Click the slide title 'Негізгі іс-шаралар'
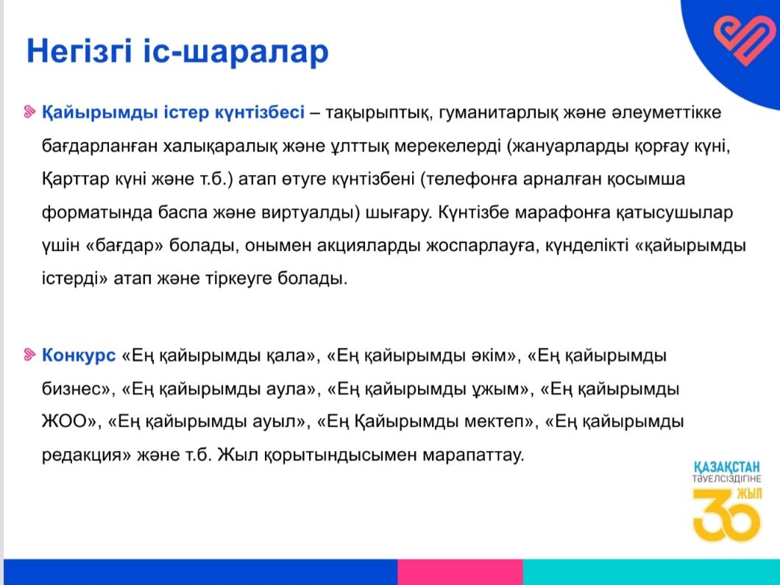point(177,52)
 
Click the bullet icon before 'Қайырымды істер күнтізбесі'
point(30,112)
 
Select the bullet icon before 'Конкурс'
point(30,355)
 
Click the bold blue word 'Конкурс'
point(79,355)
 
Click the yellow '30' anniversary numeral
point(726,516)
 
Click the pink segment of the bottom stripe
point(460,572)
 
